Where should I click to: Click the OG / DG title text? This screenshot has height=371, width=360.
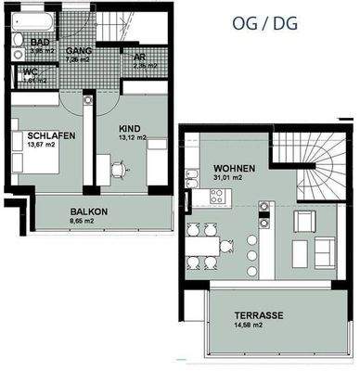pos(269,22)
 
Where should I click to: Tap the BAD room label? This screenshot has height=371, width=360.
pos(40,43)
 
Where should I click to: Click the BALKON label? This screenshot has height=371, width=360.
pos(89,211)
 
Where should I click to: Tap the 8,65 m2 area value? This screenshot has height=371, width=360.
pos(89,223)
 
